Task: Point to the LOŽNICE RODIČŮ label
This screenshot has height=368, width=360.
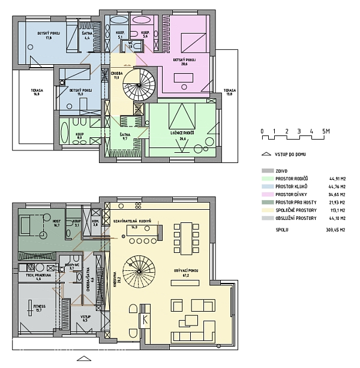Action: pyautogui.click(x=179, y=136)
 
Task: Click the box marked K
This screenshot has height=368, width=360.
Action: pyautogui.click(x=145, y=319)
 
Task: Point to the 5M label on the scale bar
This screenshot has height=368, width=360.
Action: pyautogui.click(x=326, y=131)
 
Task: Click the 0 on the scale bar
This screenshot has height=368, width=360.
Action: pyautogui.click(x=262, y=131)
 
